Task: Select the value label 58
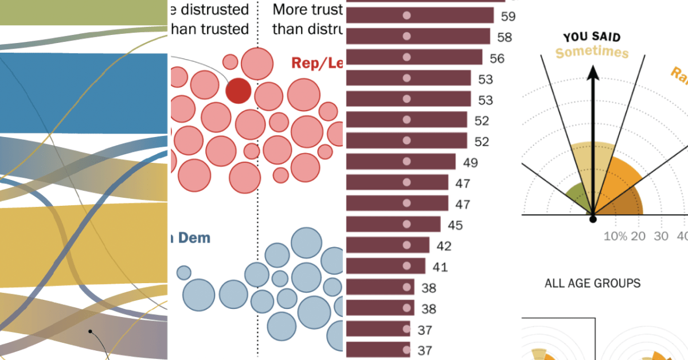pos(505,37)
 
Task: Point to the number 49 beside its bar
pos(470,163)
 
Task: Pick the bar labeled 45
pos(393,224)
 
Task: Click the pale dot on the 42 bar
pos(407,245)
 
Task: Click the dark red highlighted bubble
pos(238,91)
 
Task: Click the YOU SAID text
pos(592,37)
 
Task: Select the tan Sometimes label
pos(592,53)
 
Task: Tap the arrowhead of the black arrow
pos(593,71)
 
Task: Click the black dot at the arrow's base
pos(593,218)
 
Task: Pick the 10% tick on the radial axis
pos(615,236)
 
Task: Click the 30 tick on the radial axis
pos(662,236)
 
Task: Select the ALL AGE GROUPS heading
pos(592,283)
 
